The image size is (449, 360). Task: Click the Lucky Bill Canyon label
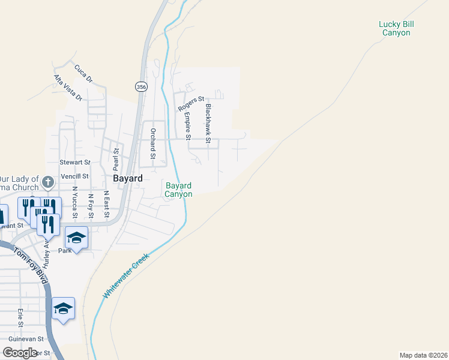(396, 28)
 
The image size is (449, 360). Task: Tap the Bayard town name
(128, 179)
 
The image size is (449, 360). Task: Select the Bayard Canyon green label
(179, 190)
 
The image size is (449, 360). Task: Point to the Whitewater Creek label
(125, 276)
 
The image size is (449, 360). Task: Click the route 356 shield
(140, 87)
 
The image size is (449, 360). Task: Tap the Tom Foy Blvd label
(31, 265)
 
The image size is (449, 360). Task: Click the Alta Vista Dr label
(67, 88)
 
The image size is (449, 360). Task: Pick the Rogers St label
(191, 104)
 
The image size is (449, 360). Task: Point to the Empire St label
(187, 127)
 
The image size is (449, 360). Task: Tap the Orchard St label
(153, 143)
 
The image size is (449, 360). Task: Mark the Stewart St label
(74, 162)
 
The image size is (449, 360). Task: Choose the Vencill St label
(74, 176)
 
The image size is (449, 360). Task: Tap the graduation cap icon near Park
(77, 238)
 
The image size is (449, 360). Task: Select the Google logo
(20, 353)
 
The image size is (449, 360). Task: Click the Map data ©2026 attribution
(423, 355)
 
